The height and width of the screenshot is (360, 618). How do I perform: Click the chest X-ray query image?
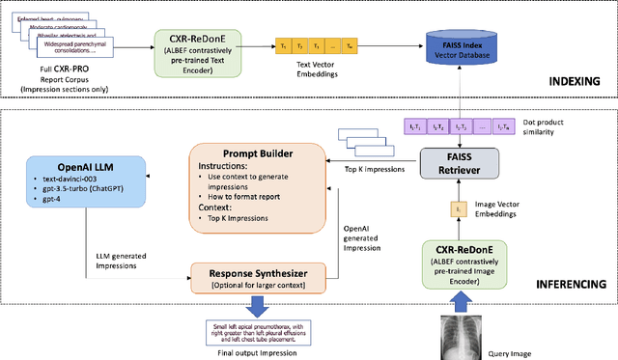(462, 337)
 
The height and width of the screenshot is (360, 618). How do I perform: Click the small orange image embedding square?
(460, 207)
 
